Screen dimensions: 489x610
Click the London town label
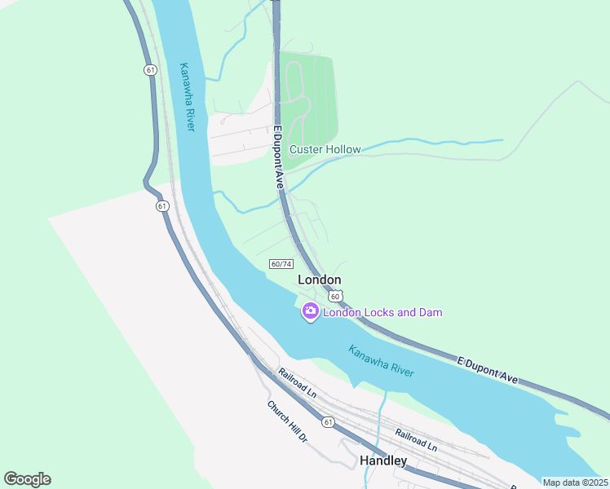(x=319, y=280)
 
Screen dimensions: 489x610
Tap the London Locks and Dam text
(x=382, y=312)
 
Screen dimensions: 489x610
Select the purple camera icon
(x=310, y=311)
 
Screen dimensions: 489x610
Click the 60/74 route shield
(x=281, y=264)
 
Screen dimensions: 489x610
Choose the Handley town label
(x=383, y=460)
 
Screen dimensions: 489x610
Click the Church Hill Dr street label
(x=286, y=421)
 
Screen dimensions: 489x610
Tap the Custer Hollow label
(x=325, y=150)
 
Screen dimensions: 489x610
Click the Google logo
(x=27, y=479)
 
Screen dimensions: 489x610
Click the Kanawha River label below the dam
(x=381, y=361)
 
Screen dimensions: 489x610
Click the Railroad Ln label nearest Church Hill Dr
(x=297, y=383)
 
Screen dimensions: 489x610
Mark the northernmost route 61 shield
(x=151, y=70)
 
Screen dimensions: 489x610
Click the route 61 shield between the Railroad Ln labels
(x=328, y=421)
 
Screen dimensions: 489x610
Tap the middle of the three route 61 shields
(x=162, y=206)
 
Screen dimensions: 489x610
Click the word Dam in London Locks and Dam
(x=430, y=312)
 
